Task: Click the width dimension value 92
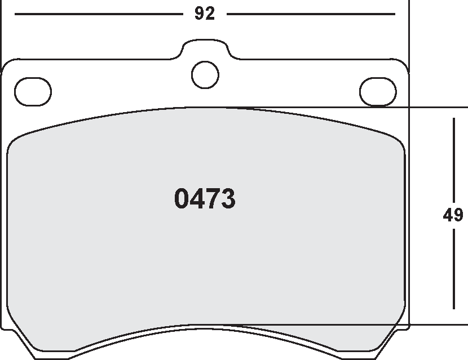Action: click(x=205, y=14)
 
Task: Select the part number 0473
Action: click(x=205, y=199)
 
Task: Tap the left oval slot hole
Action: click(x=33, y=91)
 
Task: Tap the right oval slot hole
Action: click(x=378, y=91)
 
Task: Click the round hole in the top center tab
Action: click(x=205, y=74)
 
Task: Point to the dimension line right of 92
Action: click(x=310, y=14)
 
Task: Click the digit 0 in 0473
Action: click(x=183, y=199)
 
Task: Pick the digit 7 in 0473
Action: click(x=213, y=199)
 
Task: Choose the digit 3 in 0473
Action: click(x=228, y=199)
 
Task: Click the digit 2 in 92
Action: click(x=210, y=14)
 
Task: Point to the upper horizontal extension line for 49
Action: click(x=434, y=107)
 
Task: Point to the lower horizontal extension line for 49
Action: click(x=434, y=325)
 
